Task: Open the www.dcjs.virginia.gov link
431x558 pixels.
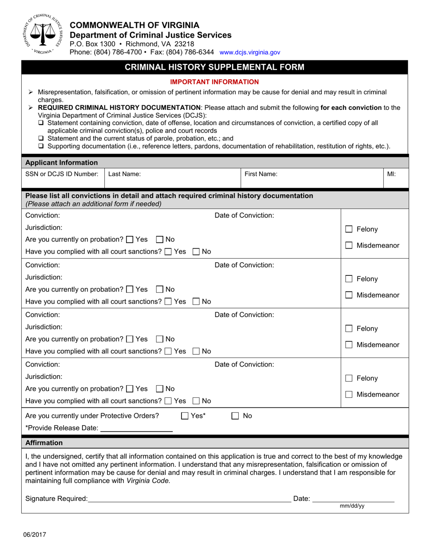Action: (x=250, y=53)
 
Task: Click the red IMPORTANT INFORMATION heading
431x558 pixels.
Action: (x=214, y=82)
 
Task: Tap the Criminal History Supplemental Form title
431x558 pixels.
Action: (x=215, y=67)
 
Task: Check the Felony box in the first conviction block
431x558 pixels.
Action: (x=349, y=230)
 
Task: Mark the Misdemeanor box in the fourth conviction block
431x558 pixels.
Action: (x=349, y=395)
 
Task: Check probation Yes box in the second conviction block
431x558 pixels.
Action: (x=129, y=289)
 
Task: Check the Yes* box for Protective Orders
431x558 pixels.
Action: (x=185, y=416)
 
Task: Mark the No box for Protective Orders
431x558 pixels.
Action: (x=235, y=416)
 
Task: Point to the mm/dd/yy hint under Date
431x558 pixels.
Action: (x=352, y=506)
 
